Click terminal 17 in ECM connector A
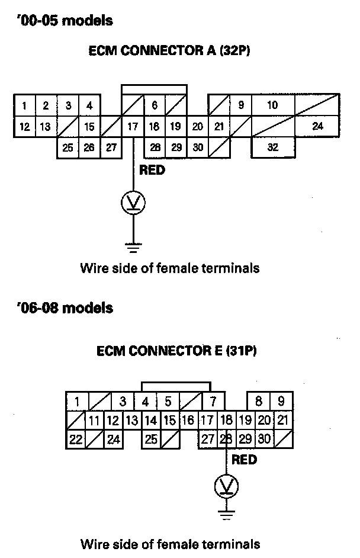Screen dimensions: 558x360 click(133, 126)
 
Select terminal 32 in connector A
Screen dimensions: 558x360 click(273, 147)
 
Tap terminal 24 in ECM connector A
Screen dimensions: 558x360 click(317, 126)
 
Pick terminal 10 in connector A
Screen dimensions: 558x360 click(272, 105)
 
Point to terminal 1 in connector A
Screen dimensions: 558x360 click(24, 106)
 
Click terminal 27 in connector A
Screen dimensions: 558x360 click(111, 147)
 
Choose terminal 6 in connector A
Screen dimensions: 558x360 click(155, 105)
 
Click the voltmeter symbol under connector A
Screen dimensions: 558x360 click(133, 203)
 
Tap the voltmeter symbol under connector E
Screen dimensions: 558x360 click(227, 487)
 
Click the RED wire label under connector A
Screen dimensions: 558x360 click(152, 171)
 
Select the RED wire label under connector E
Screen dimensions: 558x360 click(244, 459)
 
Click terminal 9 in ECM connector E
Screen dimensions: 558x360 click(281, 400)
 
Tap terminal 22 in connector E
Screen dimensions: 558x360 click(76, 440)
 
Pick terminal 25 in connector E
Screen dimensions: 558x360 click(151, 440)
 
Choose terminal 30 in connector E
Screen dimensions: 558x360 click(264, 440)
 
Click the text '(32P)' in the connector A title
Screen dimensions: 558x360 click(234, 52)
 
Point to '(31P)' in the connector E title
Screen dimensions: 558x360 click(242, 351)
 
